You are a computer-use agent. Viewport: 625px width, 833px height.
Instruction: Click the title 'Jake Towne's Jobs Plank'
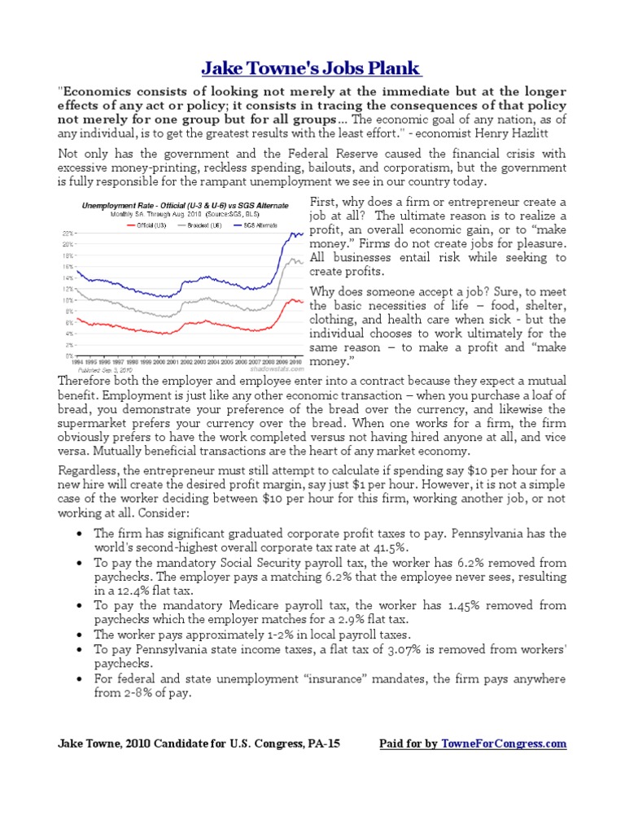[x=312, y=68]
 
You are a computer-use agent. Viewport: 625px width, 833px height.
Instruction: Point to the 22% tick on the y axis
[x=68, y=233]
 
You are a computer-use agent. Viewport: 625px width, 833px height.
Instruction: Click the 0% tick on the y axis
[x=69, y=356]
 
